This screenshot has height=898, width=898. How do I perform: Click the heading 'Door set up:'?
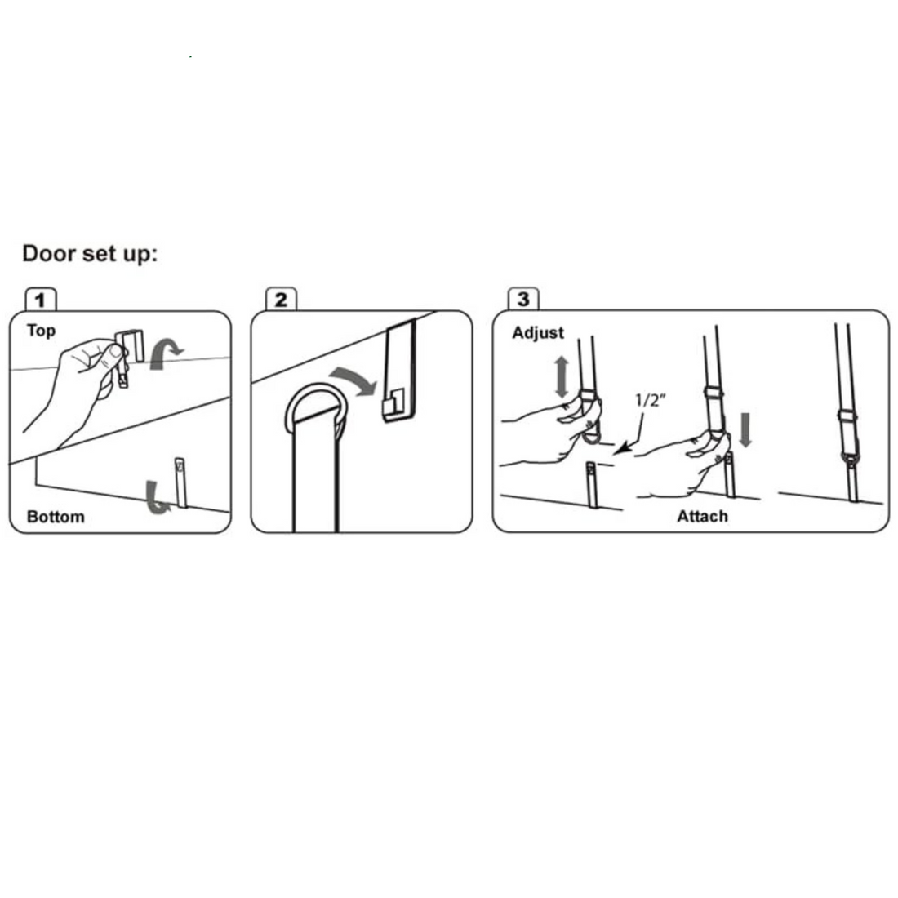[90, 254]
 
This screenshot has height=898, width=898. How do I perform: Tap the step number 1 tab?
[40, 300]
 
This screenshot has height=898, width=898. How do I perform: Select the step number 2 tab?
[281, 300]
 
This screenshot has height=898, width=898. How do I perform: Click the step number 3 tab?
[523, 299]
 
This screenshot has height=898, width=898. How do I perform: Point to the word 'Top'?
[42, 331]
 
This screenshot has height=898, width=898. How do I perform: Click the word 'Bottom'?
[56, 517]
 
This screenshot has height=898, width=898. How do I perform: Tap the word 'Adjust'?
[538, 333]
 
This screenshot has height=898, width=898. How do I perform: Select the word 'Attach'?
[702, 516]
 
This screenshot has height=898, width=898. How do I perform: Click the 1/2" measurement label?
[650, 400]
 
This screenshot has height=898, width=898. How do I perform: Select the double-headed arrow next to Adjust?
[562, 377]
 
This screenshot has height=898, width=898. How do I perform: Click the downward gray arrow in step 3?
[745, 429]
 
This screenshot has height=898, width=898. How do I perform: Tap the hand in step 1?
[73, 389]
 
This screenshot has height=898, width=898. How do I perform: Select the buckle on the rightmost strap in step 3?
[846, 416]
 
